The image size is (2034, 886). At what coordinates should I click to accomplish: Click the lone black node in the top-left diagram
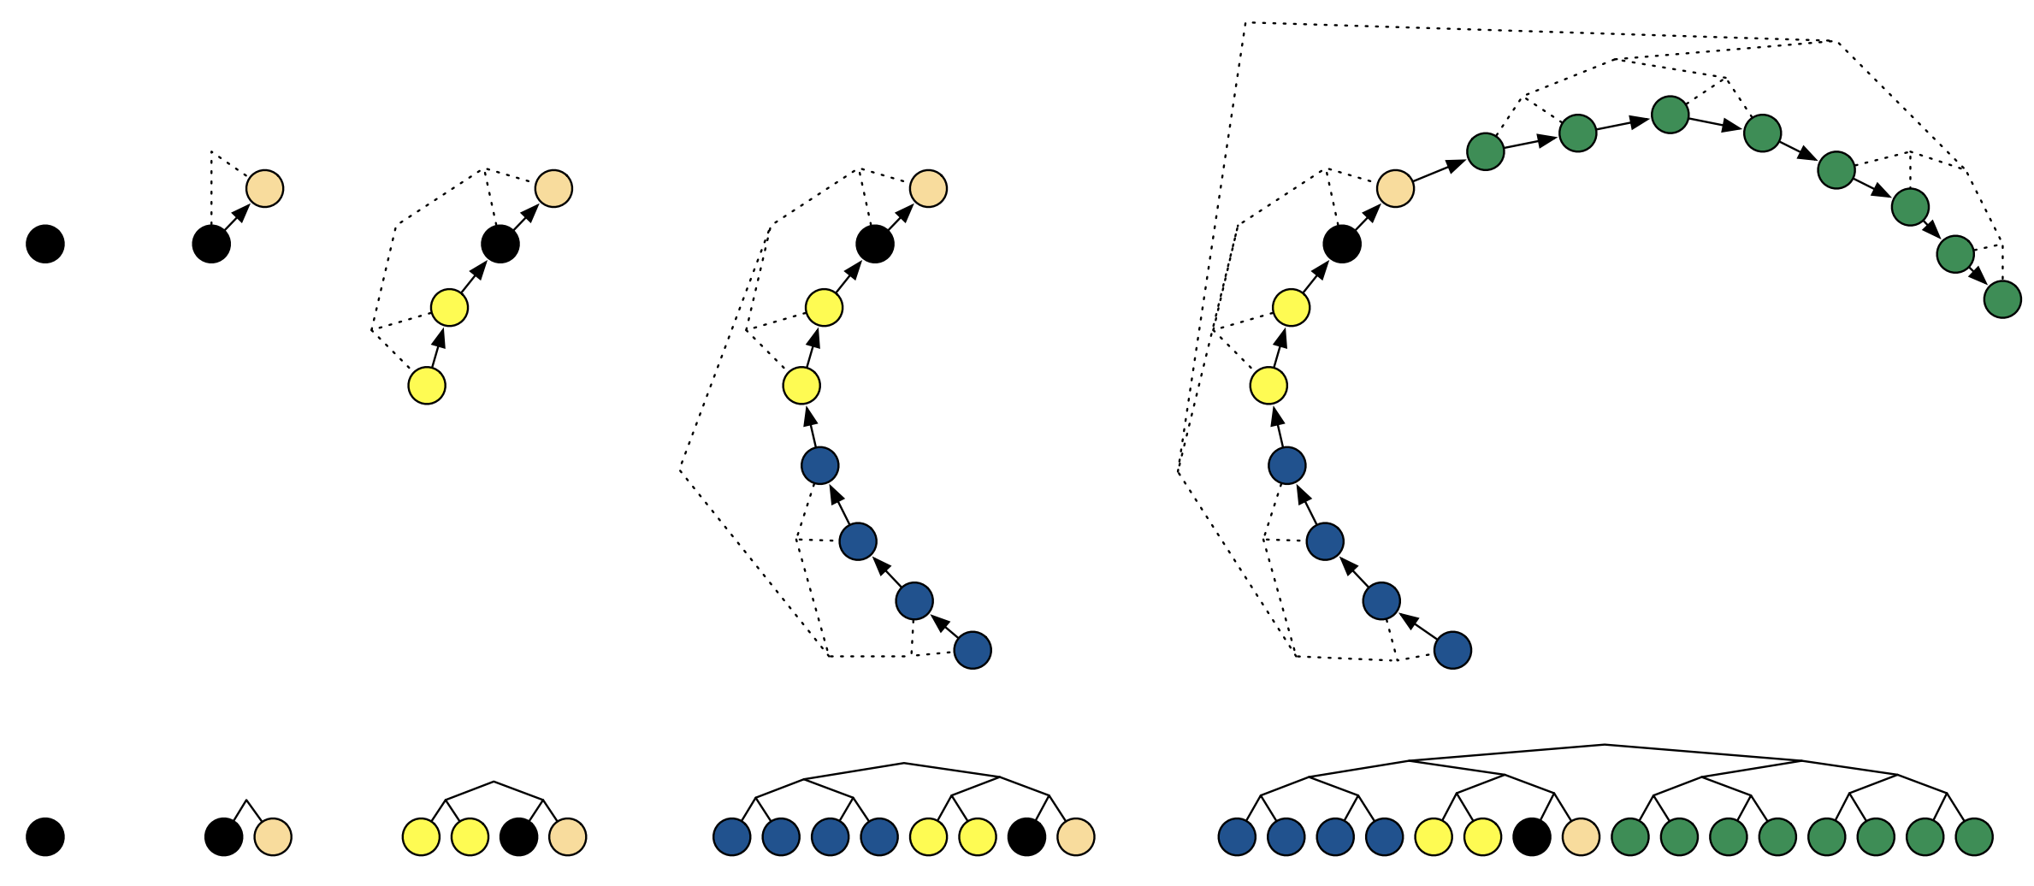tap(45, 244)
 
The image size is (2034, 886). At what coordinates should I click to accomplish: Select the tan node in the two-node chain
tap(265, 188)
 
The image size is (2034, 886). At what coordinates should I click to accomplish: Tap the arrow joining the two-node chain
tap(239, 216)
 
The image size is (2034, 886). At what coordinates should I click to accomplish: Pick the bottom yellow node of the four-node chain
tap(427, 386)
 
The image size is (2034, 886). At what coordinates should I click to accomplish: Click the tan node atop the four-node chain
tap(553, 188)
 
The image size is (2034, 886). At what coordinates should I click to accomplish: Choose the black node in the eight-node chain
tap(875, 245)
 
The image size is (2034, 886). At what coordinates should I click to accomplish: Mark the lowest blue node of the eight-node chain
tap(973, 650)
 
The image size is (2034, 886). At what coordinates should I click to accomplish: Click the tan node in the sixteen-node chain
tap(1395, 188)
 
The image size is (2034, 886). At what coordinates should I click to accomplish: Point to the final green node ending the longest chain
tap(2002, 299)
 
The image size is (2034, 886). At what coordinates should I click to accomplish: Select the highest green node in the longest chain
tap(1670, 115)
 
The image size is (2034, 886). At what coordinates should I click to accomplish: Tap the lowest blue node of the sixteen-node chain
tap(1452, 650)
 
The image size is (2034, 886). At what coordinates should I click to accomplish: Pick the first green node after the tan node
tap(1486, 151)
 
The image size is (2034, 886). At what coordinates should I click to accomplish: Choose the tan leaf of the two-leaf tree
tap(273, 836)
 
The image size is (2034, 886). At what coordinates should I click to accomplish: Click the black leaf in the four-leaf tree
tap(518, 836)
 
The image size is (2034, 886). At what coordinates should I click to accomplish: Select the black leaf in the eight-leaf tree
tap(1026, 836)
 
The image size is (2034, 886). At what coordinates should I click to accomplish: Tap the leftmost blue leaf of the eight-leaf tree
tap(731, 836)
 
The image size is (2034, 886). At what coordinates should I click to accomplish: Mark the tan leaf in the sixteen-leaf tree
tap(1581, 836)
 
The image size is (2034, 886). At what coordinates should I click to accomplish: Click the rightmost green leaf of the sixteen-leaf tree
tap(1974, 836)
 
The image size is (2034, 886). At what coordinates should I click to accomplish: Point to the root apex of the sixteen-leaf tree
tap(1605, 745)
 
